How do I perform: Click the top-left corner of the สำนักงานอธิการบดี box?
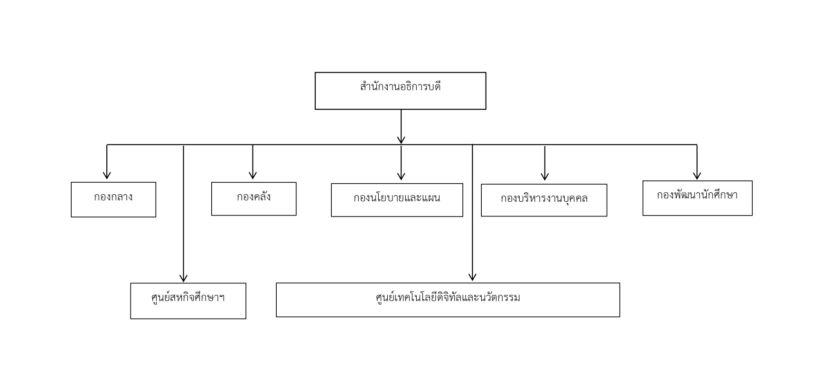tap(315, 73)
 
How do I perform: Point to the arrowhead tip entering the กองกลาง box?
tap(107, 179)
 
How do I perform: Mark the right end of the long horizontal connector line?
tap(697, 144)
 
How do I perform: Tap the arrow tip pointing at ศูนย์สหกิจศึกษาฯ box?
tap(184, 282)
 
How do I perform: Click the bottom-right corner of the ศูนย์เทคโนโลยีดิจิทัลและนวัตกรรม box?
tap(619, 317)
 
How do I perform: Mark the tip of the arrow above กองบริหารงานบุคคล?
tap(545, 180)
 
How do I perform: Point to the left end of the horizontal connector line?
tap(107, 144)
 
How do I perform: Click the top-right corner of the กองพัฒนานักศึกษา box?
tap(752, 181)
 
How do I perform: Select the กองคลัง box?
tap(254, 199)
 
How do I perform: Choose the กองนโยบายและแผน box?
tap(397, 200)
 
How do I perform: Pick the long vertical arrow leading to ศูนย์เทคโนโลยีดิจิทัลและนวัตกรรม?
tap(472, 213)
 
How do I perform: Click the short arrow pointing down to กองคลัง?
tap(253, 162)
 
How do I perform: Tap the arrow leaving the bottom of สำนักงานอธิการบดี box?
tap(401, 127)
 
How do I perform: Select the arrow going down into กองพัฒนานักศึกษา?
tap(697, 162)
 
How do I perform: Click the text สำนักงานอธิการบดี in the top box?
tap(401, 87)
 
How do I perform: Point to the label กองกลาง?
tap(113, 197)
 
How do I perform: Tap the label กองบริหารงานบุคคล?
tap(544, 198)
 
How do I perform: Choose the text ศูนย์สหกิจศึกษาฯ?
tap(188, 298)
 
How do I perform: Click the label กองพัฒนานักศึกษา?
tap(697, 195)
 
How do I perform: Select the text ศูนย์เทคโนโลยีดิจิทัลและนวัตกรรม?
tap(448, 298)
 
